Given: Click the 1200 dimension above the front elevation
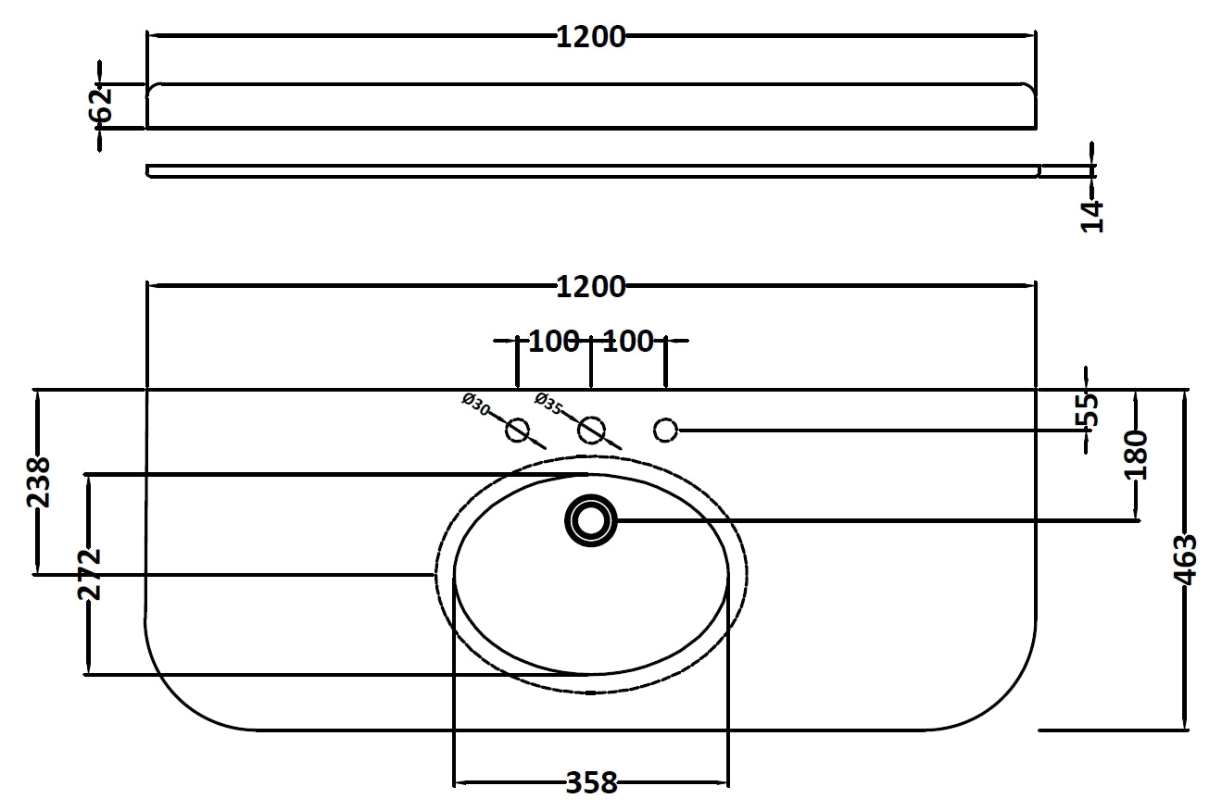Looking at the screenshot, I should coord(591,37).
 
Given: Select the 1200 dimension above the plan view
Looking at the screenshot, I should coord(591,287).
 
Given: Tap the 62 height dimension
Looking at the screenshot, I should coord(102,104).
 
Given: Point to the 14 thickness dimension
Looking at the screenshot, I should coord(1093,215).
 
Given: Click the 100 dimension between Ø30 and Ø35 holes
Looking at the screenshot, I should coord(553,341).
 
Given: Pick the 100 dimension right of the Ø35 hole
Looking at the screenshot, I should coord(628,341).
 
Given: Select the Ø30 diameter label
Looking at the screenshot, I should coord(475,404).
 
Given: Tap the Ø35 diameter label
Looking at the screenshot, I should coord(549,404).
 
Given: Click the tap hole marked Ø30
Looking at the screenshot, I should coord(517,430).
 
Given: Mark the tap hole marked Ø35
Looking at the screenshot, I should coord(591,430).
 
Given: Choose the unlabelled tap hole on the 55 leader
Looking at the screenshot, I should coord(665,430).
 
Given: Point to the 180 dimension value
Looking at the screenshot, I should coord(1137,454).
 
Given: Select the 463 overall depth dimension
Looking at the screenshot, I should coord(1185,559).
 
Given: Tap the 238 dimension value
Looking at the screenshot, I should coord(39,481).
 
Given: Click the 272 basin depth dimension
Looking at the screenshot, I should coord(88,574).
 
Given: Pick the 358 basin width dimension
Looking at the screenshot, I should coord(591,783).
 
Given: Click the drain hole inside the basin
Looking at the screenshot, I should coord(591,520).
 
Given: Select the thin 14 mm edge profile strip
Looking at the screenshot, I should coord(593,170).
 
